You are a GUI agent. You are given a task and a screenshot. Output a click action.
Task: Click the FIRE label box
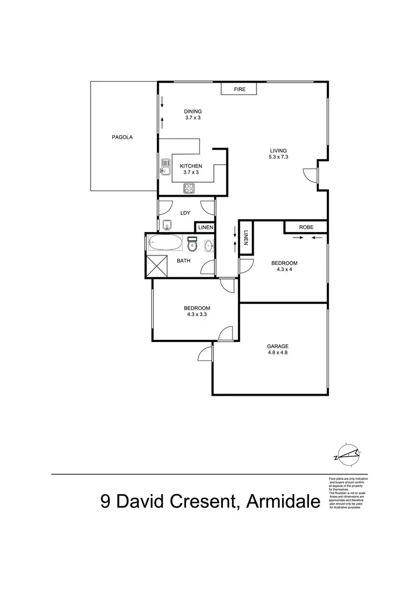(x=240, y=89)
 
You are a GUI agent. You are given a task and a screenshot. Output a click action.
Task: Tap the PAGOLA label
(x=122, y=137)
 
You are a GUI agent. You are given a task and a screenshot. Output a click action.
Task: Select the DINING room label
(x=193, y=111)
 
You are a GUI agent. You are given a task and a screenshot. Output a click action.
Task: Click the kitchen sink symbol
(x=166, y=167)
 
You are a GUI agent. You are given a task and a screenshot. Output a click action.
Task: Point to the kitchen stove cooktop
(x=189, y=188)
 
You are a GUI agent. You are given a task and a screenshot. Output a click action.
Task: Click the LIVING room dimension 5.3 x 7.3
(x=278, y=158)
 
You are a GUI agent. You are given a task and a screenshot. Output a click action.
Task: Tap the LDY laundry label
(x=186, y=212)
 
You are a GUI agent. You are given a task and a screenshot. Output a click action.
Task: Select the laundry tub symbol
(x=166, y=226)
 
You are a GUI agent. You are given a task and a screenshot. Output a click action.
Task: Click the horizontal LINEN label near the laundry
(x=204, y=227)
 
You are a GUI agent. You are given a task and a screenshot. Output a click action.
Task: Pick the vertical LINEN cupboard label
(x=246, y=239)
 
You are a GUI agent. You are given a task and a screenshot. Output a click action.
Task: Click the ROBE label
(x=306, y=227)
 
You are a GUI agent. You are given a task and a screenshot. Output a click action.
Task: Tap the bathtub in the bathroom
(x=165, y=244)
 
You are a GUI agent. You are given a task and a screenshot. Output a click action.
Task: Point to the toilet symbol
(x=193, y=244)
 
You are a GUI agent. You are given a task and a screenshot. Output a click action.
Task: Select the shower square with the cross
(x=157, y=265)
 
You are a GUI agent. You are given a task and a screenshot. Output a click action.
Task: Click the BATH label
(x=183, y=260)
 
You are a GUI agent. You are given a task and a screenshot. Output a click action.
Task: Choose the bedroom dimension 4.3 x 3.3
(x=197, y=315)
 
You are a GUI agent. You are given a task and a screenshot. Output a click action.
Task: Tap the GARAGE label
(x=277, y=346)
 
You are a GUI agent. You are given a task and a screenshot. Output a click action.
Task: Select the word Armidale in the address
(x=283, y=501)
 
